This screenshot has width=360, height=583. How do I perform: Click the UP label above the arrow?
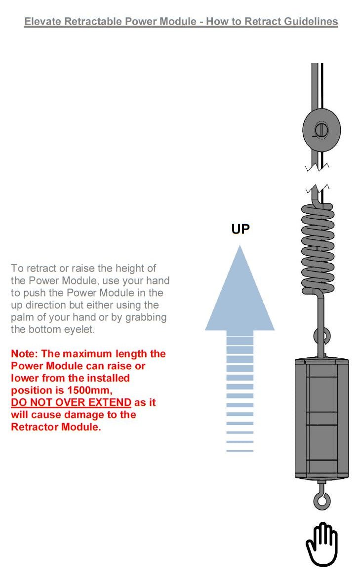[x=240, y=229]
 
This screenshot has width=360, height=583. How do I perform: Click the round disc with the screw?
[x=321, y=130]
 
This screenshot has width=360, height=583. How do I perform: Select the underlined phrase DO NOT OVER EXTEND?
[x=71, y=402]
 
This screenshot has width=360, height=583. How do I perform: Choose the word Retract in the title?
[x=241, y=22]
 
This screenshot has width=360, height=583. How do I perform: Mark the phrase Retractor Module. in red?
[x=56, y=427]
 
